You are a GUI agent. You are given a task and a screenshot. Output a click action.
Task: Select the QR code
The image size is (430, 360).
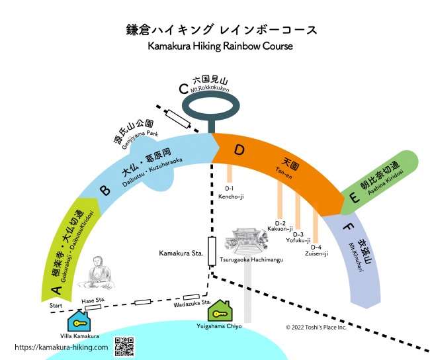124,346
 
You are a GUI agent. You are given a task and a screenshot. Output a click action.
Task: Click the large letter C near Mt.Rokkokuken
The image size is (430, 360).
184,89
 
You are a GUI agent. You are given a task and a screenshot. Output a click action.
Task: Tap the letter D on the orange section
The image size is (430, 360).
239,151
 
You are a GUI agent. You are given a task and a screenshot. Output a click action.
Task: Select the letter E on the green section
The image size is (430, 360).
355,197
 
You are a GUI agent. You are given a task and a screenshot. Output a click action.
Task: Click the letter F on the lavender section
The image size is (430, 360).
348,226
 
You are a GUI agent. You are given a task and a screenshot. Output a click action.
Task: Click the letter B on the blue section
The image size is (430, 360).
105,192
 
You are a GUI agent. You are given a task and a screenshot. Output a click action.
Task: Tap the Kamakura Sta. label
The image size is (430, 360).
180,253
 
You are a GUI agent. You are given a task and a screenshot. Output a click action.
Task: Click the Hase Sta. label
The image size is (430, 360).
93,300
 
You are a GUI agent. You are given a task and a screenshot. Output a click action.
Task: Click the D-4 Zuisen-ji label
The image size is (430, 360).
316,250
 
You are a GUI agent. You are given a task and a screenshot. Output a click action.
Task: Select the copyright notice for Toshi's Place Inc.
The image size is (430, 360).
325,327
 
